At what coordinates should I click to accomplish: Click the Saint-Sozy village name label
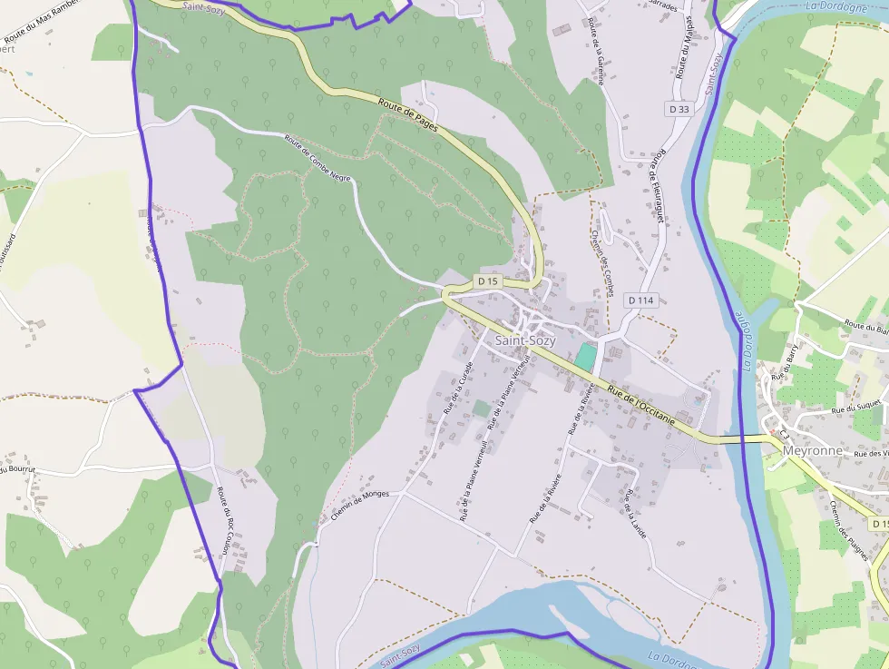point(525,340)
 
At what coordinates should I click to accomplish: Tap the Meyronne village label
point(812,450)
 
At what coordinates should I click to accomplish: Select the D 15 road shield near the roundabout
point(488,281)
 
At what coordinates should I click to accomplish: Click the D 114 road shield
point(640,300)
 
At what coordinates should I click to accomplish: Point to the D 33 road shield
point(679,109)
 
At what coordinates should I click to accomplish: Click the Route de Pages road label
point(408,115)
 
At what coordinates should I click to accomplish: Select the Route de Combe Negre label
point(317,158)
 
